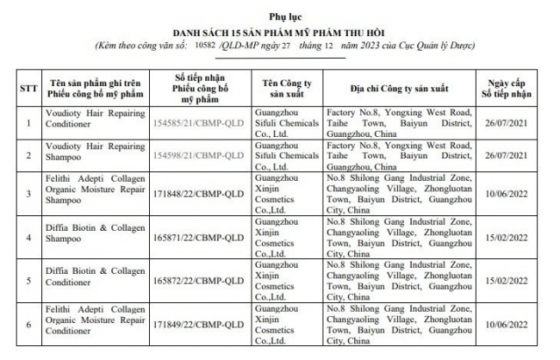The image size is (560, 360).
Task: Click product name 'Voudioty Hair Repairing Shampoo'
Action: point(91,156)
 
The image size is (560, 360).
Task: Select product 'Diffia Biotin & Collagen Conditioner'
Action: point(91,281)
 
